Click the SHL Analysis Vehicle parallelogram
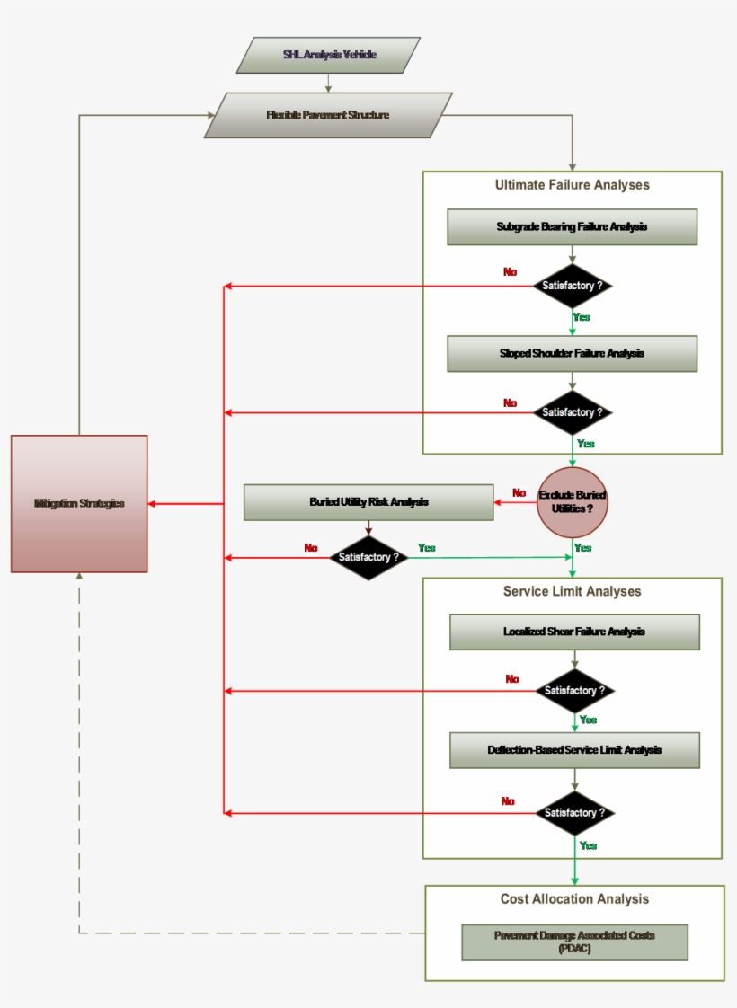(x=328, y=55)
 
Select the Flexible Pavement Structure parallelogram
(x=328, y=115)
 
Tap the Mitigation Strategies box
(x=79, y=504)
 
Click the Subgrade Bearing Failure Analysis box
(x=572, y=227)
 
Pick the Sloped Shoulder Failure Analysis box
(x=572, y=354)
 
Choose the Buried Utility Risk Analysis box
(x=368, y=502)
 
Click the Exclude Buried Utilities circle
(x=572, y=502)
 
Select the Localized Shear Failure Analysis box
(x=573, y=632)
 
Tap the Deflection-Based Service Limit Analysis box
(x=573, y=750)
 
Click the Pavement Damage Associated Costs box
(x=573, y=942)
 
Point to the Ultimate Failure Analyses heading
(x=572, y=185)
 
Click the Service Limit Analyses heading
(x=572, y=591)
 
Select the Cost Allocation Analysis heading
(x=573, y=899)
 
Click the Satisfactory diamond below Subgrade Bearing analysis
(x=572, y=287)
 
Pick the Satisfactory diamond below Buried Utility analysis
(x=368, y=558)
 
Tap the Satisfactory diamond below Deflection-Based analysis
(x=575, y=813)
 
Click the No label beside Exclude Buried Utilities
(x=519, y=493)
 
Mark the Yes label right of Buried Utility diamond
(x=427, y=547)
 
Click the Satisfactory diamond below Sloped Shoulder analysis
(x=572, y=413)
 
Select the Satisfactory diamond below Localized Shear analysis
(x=575, y=691)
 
